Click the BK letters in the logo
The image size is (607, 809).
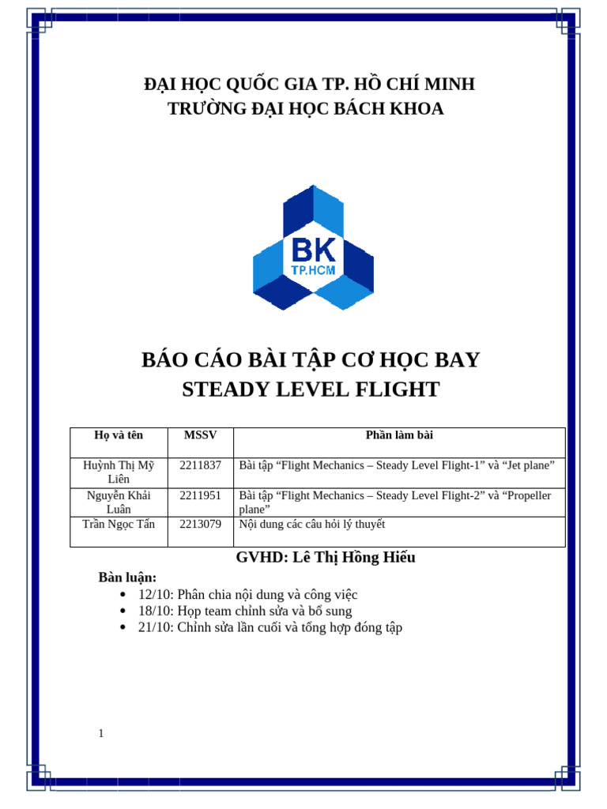[x=313, y=250]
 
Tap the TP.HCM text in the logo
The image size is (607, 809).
[x=313, y=270]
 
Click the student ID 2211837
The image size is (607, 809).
[x=200, y=465]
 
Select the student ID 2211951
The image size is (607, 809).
[x=200, y=495]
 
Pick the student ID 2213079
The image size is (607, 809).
[x=200, y=524]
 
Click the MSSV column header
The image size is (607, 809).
[x=200, y=435]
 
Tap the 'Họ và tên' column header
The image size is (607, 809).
[x=118, y=435]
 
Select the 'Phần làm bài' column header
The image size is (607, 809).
[x=399, y=435]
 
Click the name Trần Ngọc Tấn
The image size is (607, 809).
[x=119, y=524]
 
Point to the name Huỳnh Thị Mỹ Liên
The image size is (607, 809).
[x=119, y=472]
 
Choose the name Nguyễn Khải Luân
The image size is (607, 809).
[x=119, y=502]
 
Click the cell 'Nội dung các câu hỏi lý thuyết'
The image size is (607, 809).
[x=312, y=524]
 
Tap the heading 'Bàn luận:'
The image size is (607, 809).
[x=127, y=578]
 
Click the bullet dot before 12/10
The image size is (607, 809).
[x=123, y=595]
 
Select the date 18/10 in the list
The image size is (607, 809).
[x=154, y=611]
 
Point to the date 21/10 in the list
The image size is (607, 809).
[x=154, y=628]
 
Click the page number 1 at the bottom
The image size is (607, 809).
[x=101, y=734]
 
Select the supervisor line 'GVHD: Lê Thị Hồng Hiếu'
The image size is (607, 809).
[x=326, y=558]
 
